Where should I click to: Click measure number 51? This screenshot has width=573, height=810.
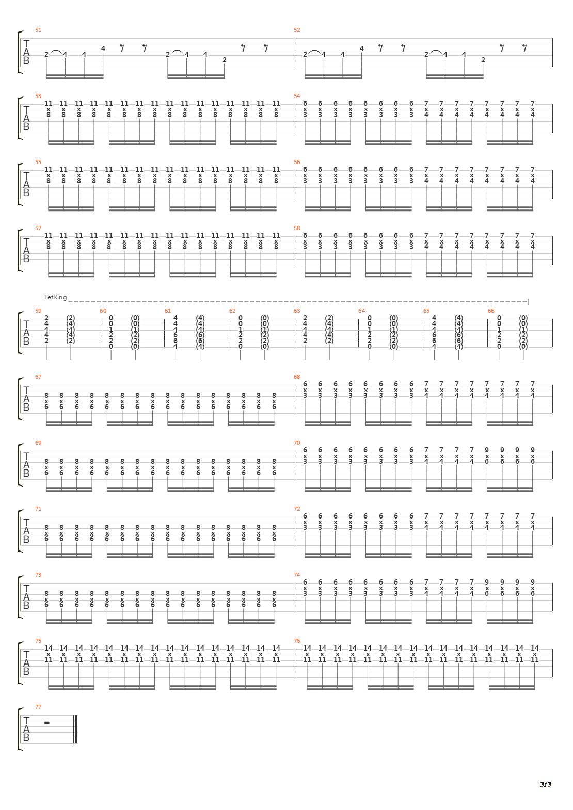[x=38, y=30]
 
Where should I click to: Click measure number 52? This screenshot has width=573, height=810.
[x=297, y=30]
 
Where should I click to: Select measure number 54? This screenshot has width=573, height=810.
[x=297, y=96]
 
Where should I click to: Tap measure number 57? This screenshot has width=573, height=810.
[x=38, y=228]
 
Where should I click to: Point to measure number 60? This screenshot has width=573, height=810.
[x=103, y=311]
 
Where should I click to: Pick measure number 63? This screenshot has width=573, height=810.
[x=297, y=311]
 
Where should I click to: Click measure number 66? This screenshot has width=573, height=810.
[x=491, y=311]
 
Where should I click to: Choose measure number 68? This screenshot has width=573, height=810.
[x=297, y=377]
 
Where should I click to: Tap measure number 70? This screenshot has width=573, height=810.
[x=297, y=443]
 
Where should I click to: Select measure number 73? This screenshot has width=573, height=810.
[x=38, y=575]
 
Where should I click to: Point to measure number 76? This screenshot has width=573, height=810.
[x=297, y=641]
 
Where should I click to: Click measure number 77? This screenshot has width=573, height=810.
[x=38, y=707]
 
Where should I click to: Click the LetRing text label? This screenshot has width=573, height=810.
[x=55, y=297]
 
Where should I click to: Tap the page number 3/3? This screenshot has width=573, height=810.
[x=546, y=785]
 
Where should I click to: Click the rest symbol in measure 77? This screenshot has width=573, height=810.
[x=47, y=723]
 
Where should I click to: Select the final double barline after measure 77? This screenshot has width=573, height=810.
[x=76, y=730]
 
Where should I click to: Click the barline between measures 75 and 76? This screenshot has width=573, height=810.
[x=294, y=663]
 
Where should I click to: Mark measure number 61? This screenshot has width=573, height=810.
[x=168, y=311]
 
